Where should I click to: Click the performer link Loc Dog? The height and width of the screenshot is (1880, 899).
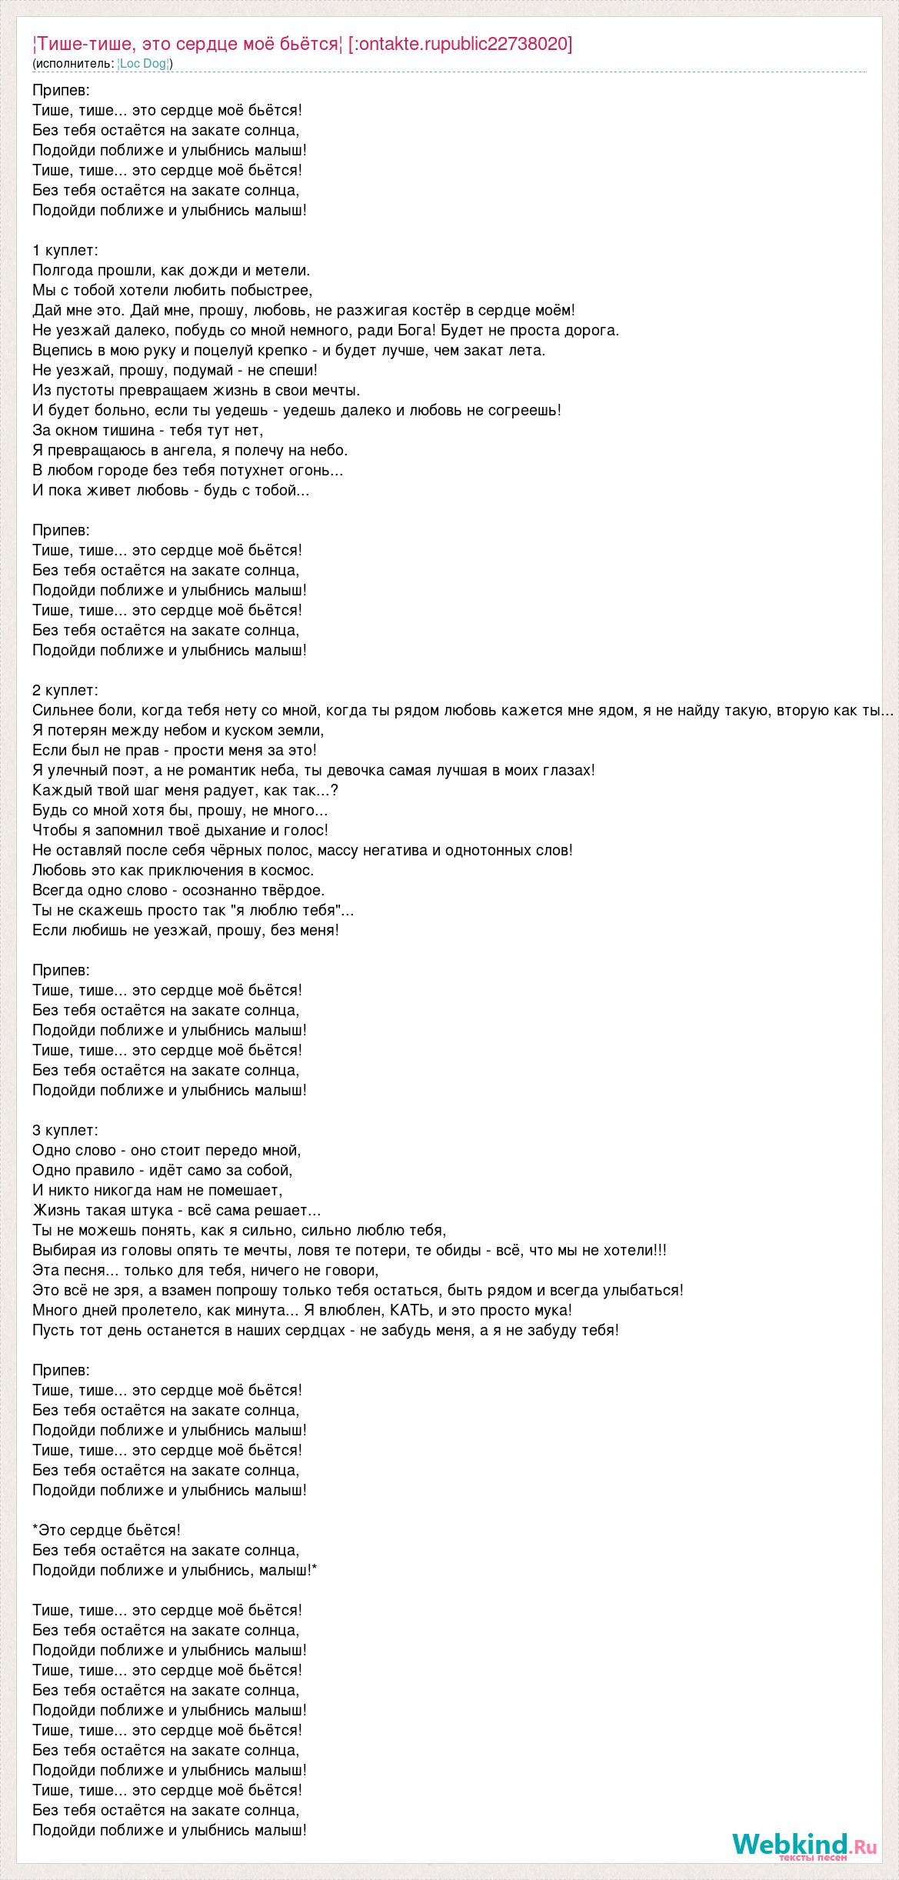[144, 63]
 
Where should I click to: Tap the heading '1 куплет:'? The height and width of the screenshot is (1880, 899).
[65, 250]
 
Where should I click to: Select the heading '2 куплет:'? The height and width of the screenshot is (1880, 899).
[65, 690]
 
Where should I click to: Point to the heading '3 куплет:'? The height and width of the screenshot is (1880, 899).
[65, 1130]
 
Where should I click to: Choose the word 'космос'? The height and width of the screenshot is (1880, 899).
[289, 870]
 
